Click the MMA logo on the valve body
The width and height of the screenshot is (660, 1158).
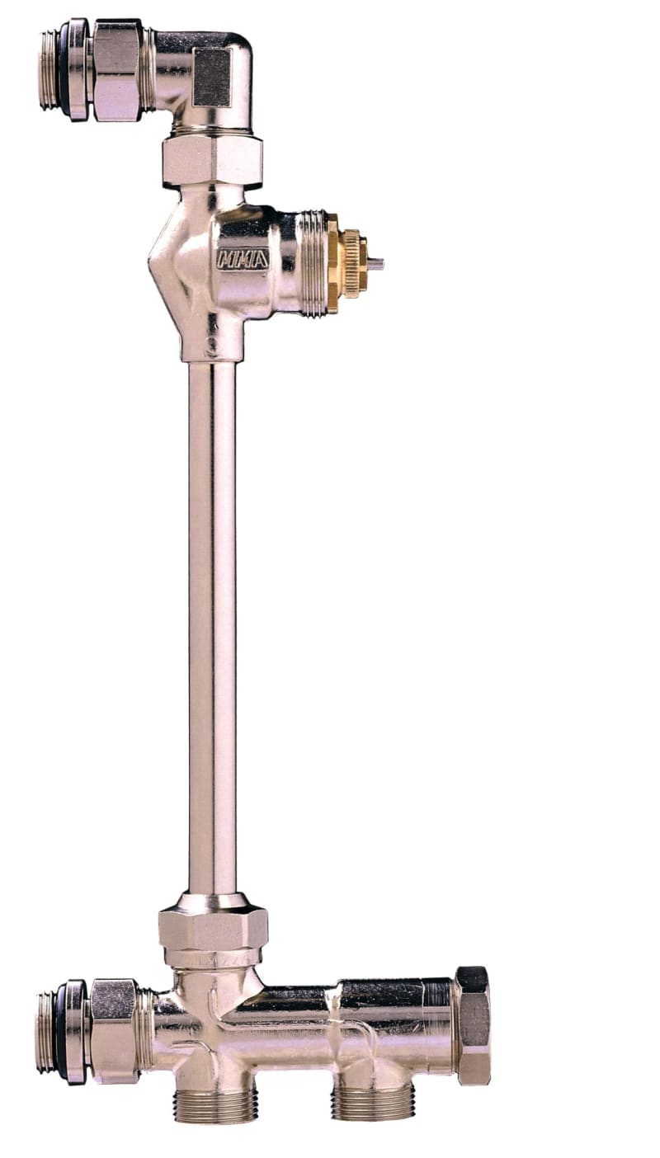point(243,259)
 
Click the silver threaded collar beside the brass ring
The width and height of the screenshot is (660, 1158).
point(313,262)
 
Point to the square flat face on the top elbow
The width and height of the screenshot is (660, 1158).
point(212,77)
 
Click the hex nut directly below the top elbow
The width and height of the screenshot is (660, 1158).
point(212,159)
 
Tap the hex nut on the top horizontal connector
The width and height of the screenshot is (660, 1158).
point(117,70)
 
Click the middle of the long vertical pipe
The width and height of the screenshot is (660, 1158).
point(212,627)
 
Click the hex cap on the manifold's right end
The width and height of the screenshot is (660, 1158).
point(474,1024)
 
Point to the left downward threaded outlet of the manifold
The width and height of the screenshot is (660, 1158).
point(215,1104)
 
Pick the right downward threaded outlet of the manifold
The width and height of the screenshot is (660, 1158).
point(373,1101)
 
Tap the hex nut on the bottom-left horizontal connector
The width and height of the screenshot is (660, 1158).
point(114,1031)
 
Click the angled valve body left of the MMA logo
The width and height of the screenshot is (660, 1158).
point(177,264)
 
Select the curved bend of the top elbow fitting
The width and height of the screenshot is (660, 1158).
point(235,49)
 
